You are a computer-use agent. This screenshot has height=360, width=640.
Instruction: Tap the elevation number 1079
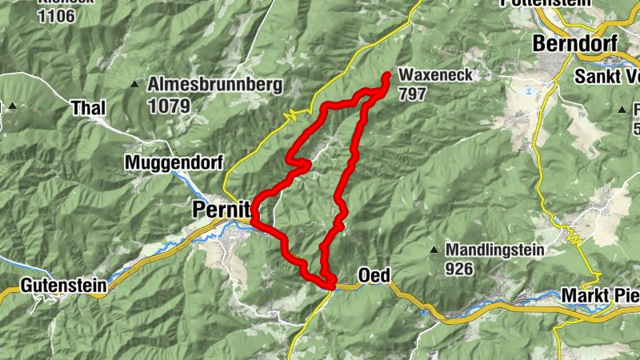[x=168, y=105]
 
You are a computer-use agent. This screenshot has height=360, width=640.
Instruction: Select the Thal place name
[x=88, y=107]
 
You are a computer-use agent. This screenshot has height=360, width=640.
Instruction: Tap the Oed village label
[x=374, y=276]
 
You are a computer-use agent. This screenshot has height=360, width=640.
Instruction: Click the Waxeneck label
[x=437, y=76]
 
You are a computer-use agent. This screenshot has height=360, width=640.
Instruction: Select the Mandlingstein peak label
[x=495, y=250]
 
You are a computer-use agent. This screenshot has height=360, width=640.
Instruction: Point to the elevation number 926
[x=459, y=269]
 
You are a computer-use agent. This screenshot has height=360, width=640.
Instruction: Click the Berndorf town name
[x=577, y=43]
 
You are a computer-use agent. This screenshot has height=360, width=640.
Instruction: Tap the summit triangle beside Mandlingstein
[x=434, y=250]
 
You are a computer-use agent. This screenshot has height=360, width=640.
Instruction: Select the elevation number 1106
[x=55, y=15]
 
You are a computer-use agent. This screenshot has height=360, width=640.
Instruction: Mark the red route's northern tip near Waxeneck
[x=386, y=76]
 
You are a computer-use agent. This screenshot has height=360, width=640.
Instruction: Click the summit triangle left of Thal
[x=13, y=106]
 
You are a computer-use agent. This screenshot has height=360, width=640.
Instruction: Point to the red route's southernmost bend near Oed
[x=328, y=283]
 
